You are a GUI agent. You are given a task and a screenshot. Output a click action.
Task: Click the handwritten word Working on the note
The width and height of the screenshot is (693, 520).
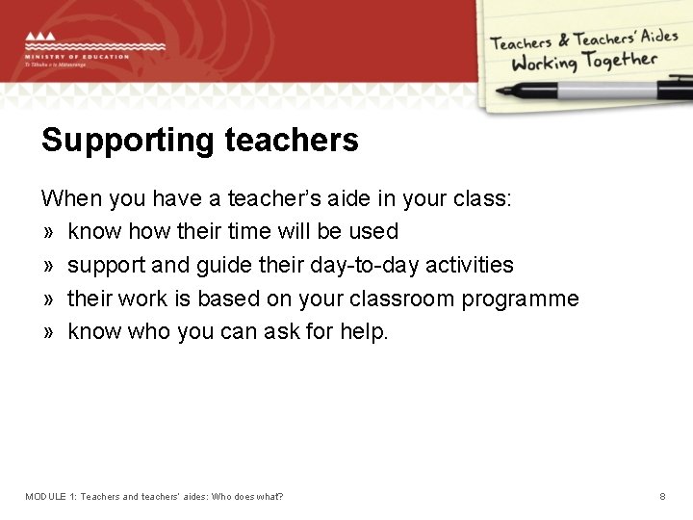click(544, 64)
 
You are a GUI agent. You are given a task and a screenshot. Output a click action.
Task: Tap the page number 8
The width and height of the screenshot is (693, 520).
click(662, 496)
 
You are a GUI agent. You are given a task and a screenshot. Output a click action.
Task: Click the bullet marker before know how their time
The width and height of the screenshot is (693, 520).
click(47, 232)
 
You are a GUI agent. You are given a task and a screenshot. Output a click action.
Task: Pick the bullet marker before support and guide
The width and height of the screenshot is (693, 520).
click(47, 266)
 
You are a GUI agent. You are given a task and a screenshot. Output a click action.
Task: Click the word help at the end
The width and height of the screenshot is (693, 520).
click(366, 332)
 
